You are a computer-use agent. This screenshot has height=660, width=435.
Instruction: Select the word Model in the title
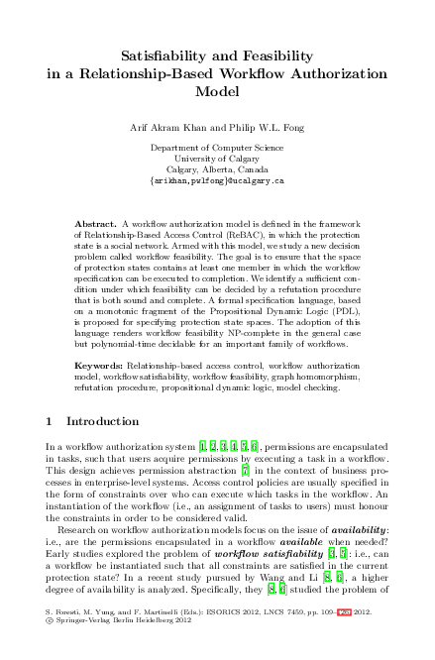(218, 91)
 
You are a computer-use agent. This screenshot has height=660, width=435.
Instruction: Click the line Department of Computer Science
(217, 148)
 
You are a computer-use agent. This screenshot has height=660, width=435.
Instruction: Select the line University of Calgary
(217, 159)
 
